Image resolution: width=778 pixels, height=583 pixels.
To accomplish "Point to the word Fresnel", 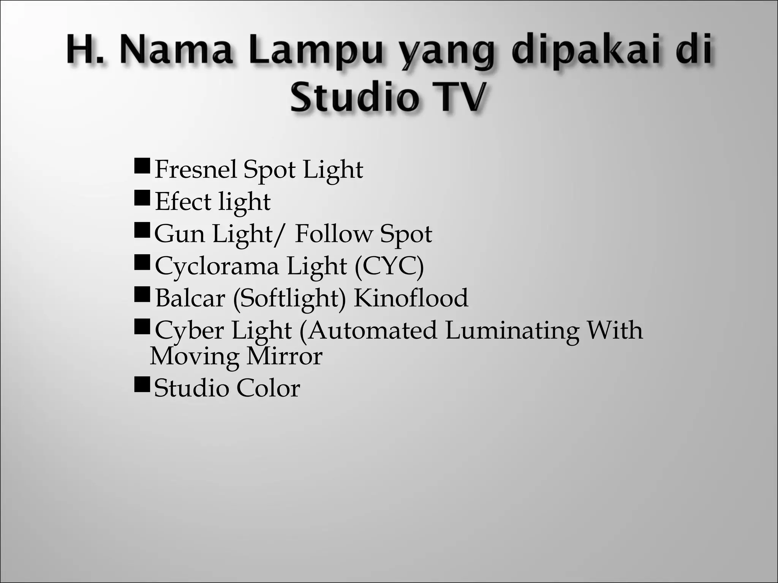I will (x=196, y=169).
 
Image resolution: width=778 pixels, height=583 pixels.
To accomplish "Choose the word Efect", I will (x=183, y=202).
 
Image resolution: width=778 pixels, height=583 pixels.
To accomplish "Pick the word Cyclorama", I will (x=217, y=266).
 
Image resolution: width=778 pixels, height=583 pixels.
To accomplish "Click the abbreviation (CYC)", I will (x=389, y=266).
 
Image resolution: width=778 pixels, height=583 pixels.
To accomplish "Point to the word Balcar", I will (x=190, y=298).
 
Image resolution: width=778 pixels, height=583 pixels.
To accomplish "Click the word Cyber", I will (x=189, y=330).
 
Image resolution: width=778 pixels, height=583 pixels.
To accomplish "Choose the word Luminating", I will (x=512, y=330).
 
